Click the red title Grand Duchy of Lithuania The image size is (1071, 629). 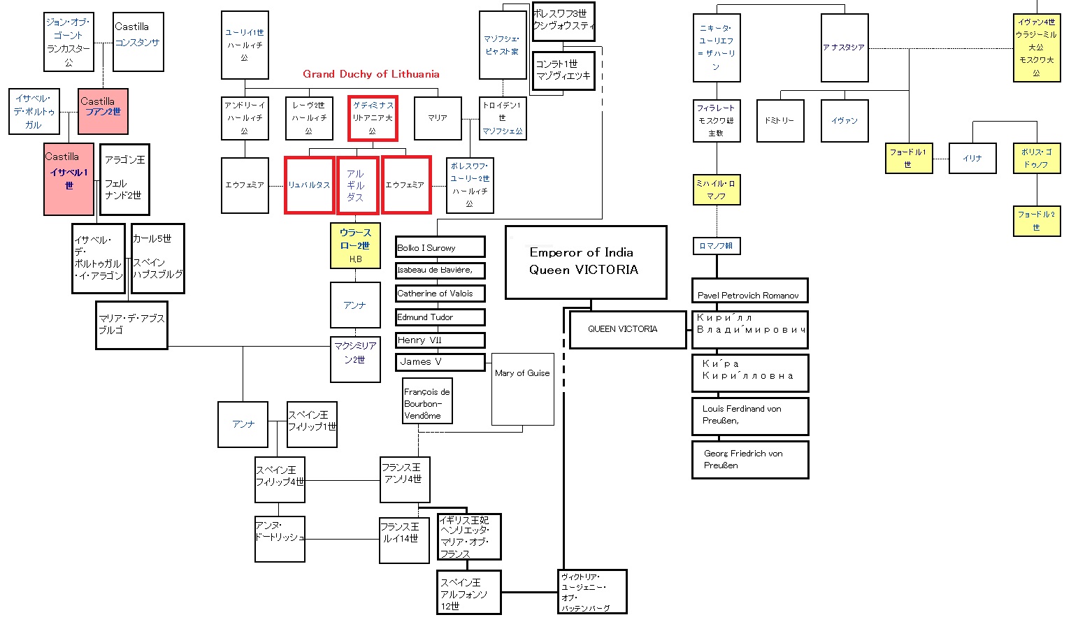point(371,74)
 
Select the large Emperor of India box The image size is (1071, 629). point(585,262)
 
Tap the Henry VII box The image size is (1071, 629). point(440,340)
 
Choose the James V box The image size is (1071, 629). point(440,362)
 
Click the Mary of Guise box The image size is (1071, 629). point(522,389)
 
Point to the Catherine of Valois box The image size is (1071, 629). point(440,294)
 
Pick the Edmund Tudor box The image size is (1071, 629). point(440,317)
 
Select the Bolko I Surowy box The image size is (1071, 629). point(440,247)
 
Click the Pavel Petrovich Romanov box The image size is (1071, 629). point(749,291)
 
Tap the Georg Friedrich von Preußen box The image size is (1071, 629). point(749,459)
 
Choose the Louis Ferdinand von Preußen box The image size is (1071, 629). point(749,415)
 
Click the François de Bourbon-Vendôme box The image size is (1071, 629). point(427,401)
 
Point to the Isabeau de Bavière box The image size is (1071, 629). point(440,270)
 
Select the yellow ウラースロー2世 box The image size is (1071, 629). point(355,245)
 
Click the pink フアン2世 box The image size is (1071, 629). point(103,111)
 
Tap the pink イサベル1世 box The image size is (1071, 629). point(69,180)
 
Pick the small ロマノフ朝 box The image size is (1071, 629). point(716,246)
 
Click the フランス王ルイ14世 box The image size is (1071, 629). point(404,540)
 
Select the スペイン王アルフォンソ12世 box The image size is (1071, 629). point(469,593)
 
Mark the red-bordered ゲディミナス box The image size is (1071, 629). point(373,117)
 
